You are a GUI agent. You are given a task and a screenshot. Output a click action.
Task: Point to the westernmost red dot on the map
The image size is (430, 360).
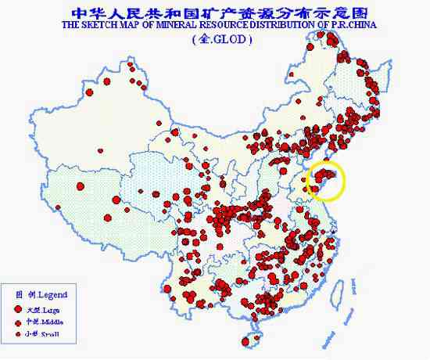coord(58,207)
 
